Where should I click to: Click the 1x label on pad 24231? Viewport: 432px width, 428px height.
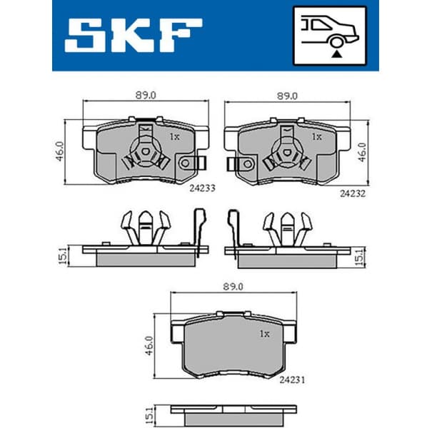click(x=264, y=333)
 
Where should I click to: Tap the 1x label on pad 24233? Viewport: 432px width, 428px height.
click(x=174, y=136)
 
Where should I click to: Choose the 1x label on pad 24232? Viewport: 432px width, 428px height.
click(x=316, y=136)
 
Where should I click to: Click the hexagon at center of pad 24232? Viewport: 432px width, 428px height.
click(x=286, y=152)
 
